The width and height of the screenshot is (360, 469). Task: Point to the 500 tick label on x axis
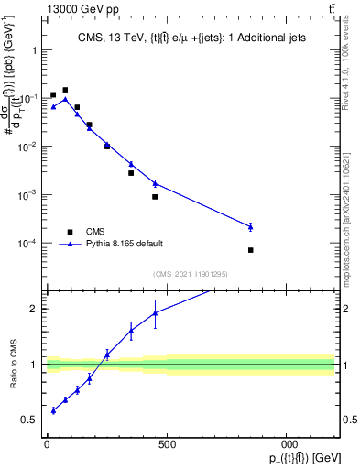[x=166, y=444]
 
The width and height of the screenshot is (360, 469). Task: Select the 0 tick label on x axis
[x=47, y=444]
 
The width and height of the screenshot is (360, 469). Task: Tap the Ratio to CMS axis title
[x=12, y=376]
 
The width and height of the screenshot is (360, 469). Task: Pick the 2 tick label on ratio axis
[x=33, y=309]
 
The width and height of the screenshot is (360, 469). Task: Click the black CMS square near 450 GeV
[x=155, y=197]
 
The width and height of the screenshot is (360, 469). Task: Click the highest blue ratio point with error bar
[x=155, y=312]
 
